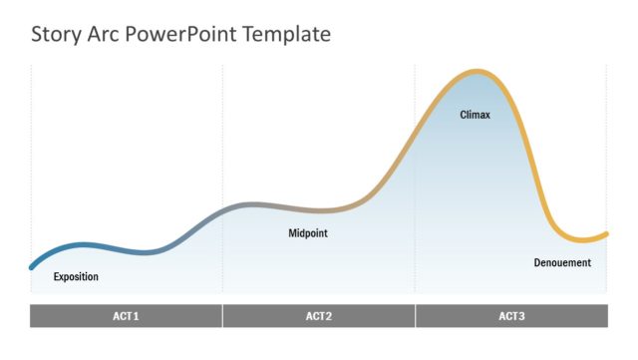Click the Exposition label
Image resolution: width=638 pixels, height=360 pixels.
pyautogui.click(x=76, y=276)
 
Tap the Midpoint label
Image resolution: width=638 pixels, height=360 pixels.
pyautogui.click(x=308, y=233)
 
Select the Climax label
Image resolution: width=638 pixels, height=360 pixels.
pyautogui.click(x=475, y=115)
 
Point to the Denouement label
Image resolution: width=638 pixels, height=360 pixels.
pyautogui.click(x=562, y=262)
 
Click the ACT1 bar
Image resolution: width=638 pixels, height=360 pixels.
pyautogui.click(x=126, y=316)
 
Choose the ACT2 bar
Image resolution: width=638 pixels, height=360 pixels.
pyautogui.click(x=318, y=316)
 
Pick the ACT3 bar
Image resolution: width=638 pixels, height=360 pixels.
pyautogui.click(x=511, y=316)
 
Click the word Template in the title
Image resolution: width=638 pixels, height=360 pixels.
pyautogui.click(x=287, y=35)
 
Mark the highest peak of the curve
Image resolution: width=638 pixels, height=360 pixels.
pyautogui.click(x=478, y=72)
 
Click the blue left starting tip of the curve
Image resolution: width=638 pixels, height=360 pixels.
pyautogui.click(x=32, y=266)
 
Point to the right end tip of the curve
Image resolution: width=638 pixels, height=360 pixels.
pyautogui.click(x=606, y=233)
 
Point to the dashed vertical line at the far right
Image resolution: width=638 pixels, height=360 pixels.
pyautogui.click(x=607, y=150)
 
